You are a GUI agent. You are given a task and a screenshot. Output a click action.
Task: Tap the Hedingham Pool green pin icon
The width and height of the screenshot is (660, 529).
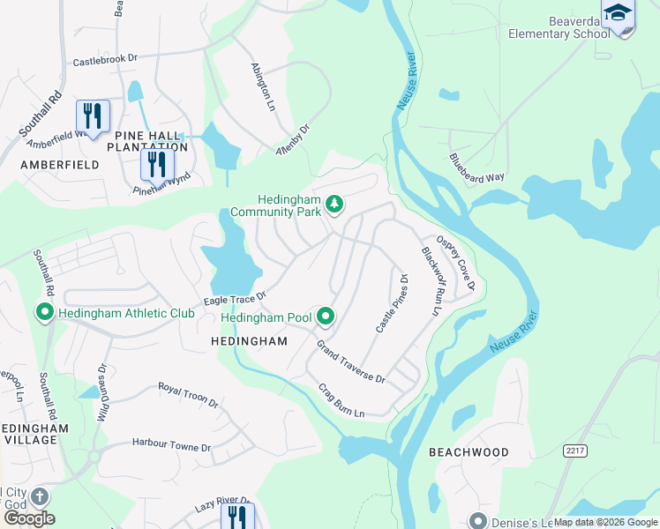(x=326, y=316)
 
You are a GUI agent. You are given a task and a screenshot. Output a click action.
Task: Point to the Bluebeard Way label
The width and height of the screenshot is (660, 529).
(x=476, y=168)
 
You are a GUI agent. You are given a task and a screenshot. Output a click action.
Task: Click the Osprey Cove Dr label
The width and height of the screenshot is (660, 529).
(x=455, y=262)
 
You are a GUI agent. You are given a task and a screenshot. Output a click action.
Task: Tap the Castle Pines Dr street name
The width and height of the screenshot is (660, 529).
(x=393, y=303)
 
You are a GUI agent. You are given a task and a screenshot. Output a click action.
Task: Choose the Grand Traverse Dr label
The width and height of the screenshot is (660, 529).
(x=351, y=361)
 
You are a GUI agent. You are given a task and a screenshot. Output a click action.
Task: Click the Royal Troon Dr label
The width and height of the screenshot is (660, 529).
(x=188, y=394)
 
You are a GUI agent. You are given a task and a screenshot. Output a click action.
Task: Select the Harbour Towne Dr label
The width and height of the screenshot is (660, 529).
(x=171, y=446)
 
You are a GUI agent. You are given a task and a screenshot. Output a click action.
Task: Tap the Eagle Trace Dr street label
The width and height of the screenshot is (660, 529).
(x=235, y=300)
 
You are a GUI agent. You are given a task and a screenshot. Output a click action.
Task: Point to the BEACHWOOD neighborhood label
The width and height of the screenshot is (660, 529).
(x=469, y=452)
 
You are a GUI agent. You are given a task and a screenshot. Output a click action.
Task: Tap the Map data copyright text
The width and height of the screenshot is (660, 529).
(x=605, y=522)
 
